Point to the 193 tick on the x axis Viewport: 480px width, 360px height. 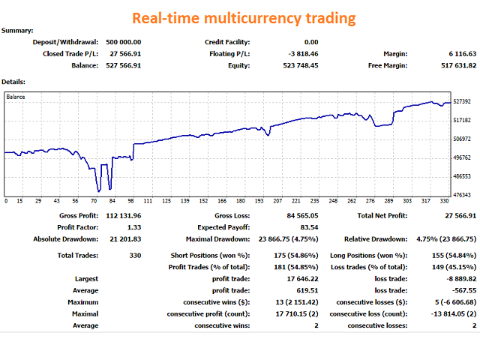pos(259,201)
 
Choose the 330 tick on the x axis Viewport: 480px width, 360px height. pos(443,201)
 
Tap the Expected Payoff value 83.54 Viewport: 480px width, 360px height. pos(308,227)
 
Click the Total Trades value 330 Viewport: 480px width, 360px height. pos(134,255)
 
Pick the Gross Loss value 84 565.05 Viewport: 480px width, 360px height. pos(298,215)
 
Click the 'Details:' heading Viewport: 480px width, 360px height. pos(14,81)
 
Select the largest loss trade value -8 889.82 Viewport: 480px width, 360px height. pos(458,277)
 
